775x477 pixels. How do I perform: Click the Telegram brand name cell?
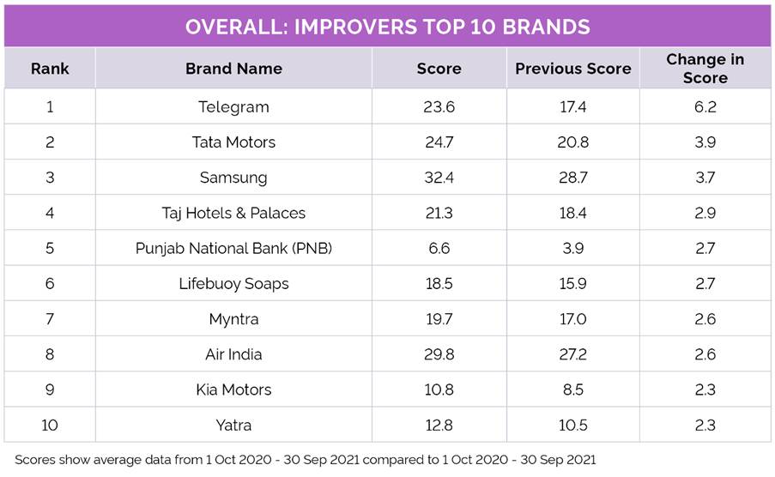point(233,107)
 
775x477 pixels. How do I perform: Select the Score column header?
point(439,69)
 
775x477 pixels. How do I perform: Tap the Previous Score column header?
point(572,69)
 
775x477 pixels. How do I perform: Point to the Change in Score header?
point(705,69)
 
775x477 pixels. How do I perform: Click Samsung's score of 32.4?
point(439,178)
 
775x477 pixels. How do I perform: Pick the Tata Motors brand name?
point(233,142)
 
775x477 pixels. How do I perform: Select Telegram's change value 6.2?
point(705,107)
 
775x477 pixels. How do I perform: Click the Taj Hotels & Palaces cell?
point(233,213)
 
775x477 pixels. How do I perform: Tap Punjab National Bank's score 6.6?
point(439,249)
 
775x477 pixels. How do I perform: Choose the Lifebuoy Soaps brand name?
point(233,284)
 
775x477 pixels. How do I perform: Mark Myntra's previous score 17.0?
point(572,319)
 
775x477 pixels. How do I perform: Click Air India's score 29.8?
point(439,354)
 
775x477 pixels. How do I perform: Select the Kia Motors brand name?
point(233,389)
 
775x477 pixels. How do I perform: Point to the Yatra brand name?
point(233,425)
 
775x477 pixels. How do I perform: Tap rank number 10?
point(49,425)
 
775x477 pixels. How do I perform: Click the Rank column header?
point(49,69)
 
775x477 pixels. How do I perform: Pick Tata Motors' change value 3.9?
point(705,142)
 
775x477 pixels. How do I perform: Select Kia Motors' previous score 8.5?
point(572,389)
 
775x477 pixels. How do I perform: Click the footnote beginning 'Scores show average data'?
point(305,459)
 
